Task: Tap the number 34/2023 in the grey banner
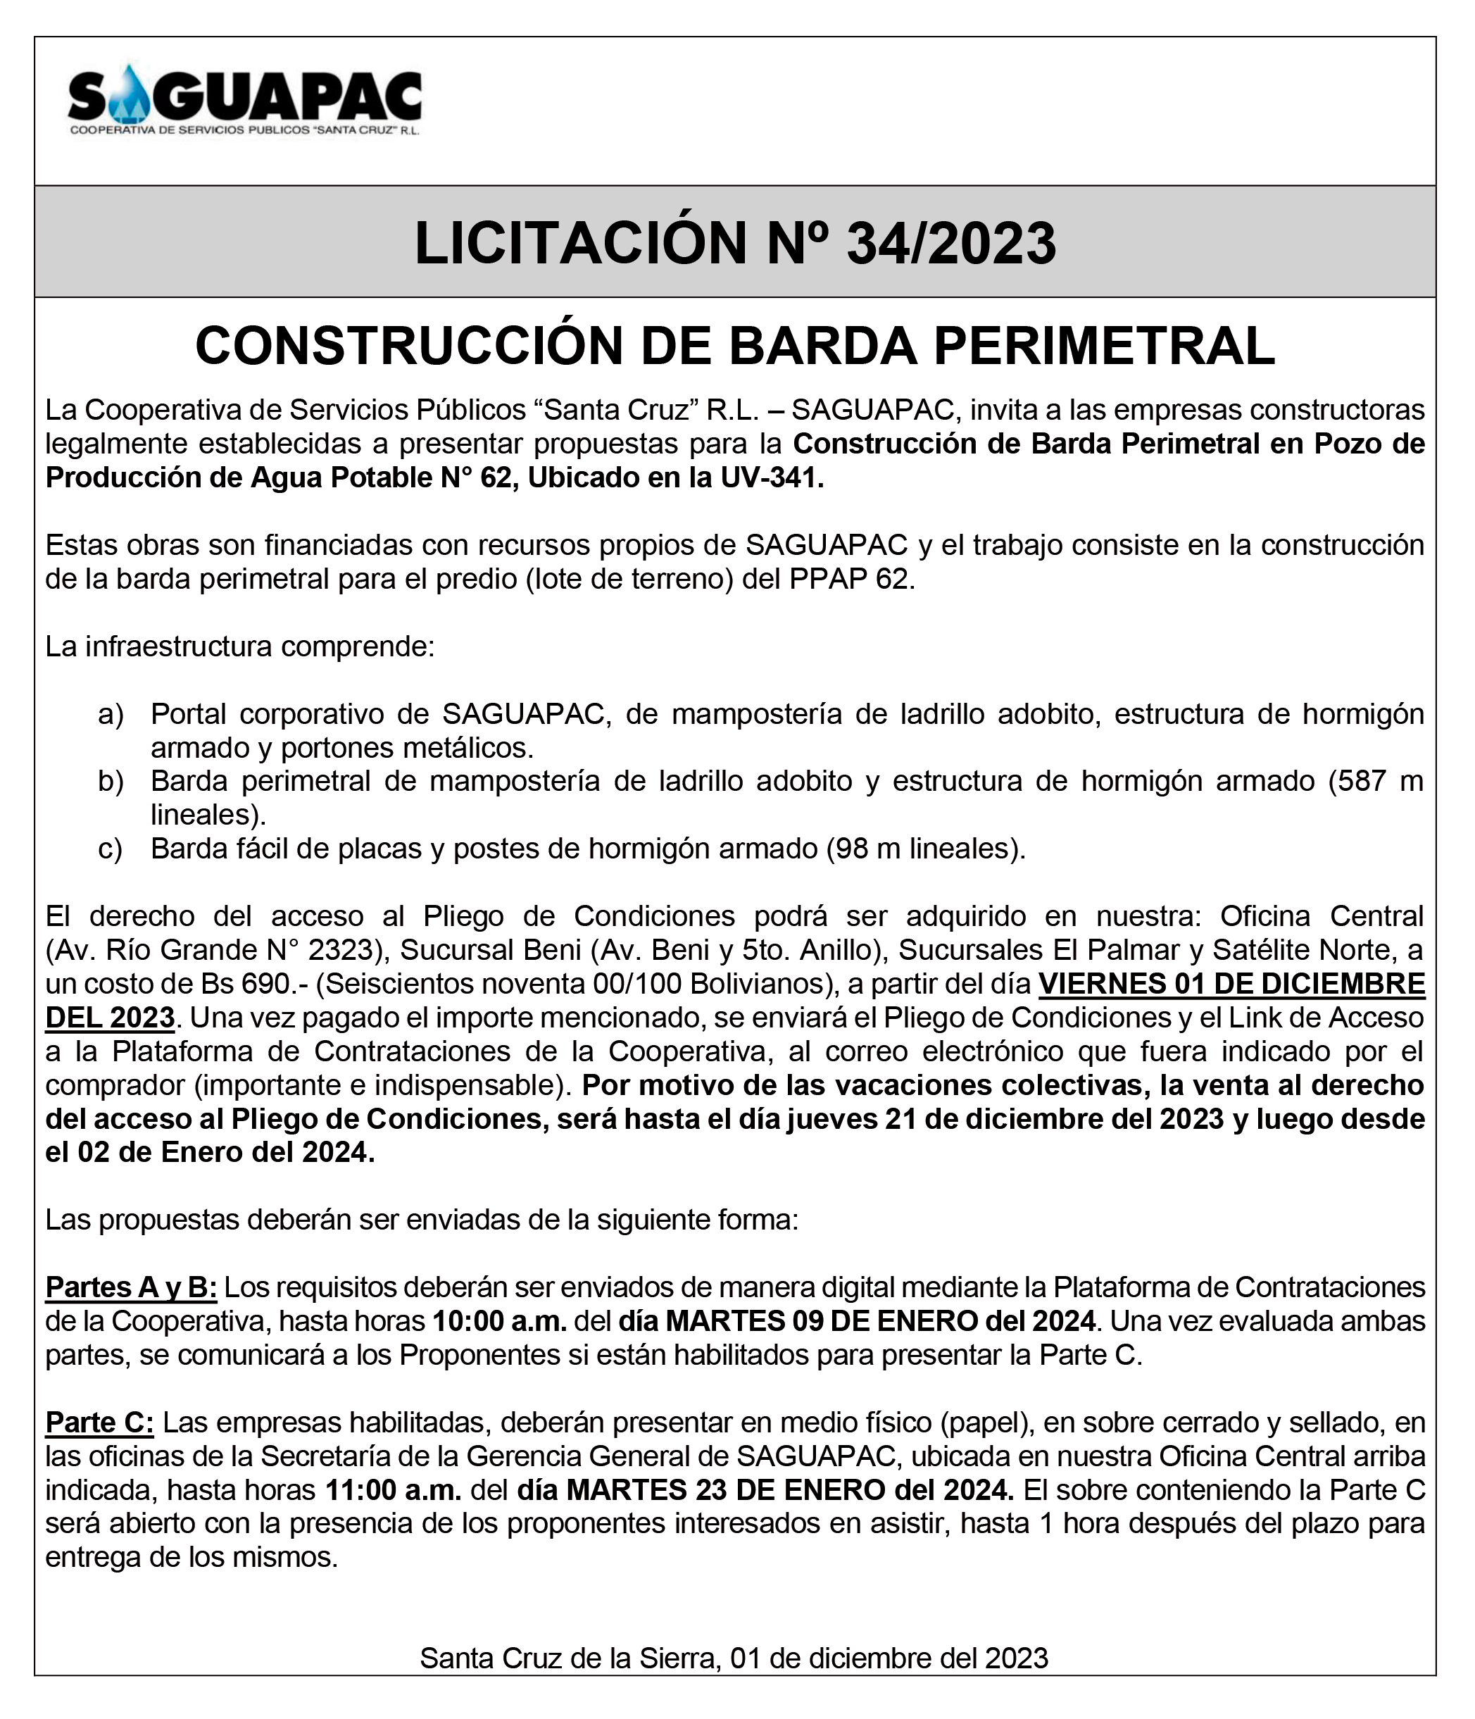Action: point(950,244)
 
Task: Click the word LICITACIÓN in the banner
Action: point(581,244)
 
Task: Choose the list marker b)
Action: point(111,782)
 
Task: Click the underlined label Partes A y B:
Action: point(131,1287)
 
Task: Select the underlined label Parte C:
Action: point(99,1422)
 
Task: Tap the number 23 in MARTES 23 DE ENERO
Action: point(713,1490)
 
